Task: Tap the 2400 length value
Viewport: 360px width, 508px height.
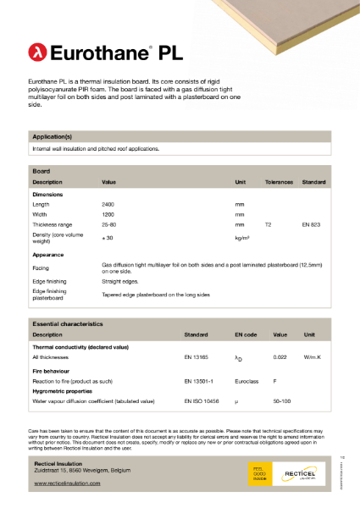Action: pyautogui.click(x=108, y=205)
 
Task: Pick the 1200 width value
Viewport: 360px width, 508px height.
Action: pyautogui.click(x=108, y=215)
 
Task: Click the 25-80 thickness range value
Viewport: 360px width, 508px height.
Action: pyautogui.click(x=109, y=226)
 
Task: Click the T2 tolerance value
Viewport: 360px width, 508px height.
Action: pyautogui.click(x=269, y=226)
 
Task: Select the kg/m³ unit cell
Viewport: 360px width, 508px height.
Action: pyautogui.click(x=242, y=238)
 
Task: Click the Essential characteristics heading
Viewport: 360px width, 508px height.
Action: pyautogui.click(x=67, y=323)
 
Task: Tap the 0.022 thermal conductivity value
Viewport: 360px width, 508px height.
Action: pyautogui.click(x=280, y=358)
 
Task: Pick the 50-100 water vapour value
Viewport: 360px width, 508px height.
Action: pyautogui.click(x=281, y=400)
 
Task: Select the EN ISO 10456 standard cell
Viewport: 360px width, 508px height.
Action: pyautogui.click(x=202, y=400)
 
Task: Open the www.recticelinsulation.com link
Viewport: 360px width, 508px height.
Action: pyautogui.click(x=67, y=483)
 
